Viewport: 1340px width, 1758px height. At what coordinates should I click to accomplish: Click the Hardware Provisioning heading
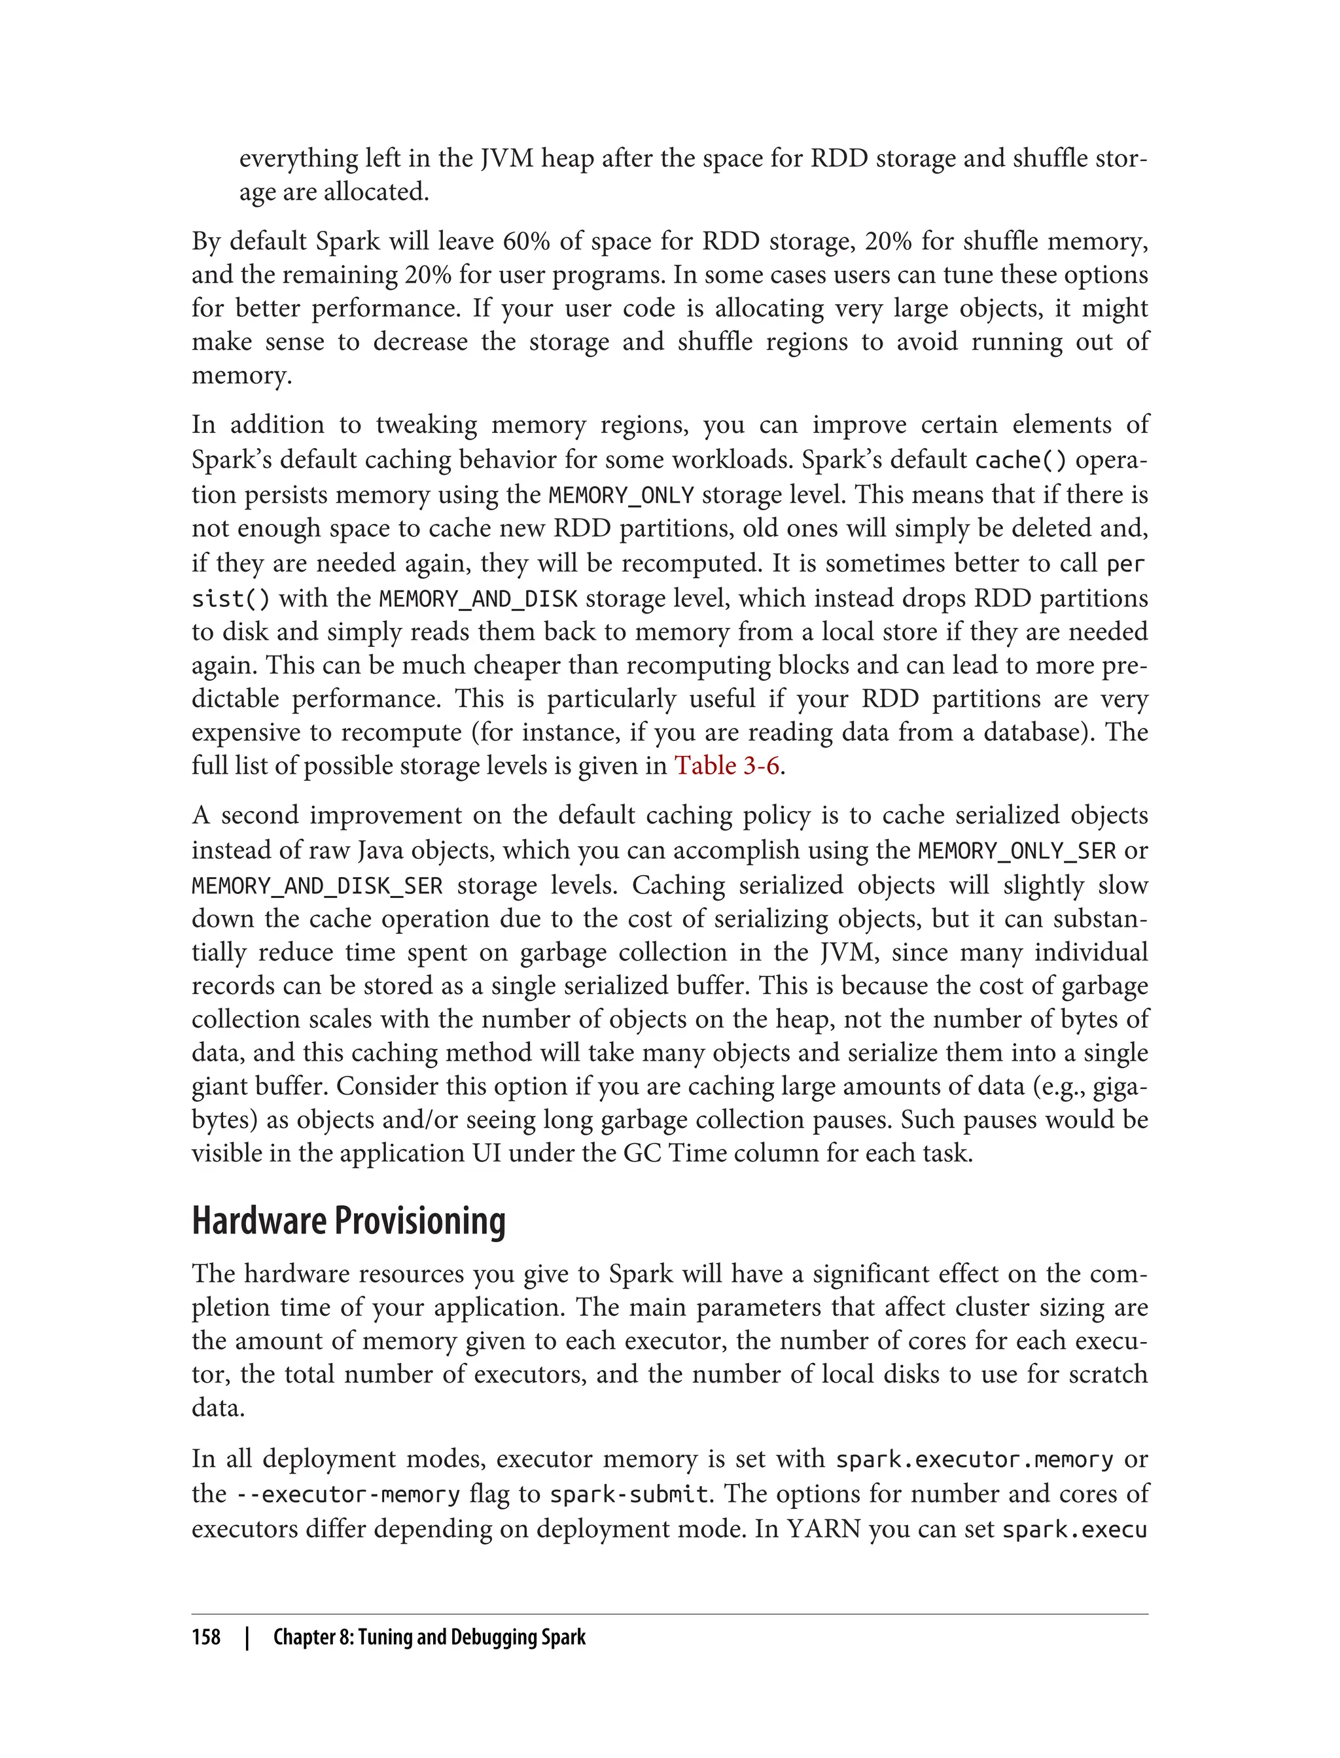[x=349, y=1220]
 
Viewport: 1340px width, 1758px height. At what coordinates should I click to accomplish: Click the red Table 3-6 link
[x=727, y=765]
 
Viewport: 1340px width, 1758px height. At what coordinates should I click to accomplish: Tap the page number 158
[x=206, y=1638]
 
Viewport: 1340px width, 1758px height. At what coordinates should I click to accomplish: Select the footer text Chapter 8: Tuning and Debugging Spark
[x=429, y=1638]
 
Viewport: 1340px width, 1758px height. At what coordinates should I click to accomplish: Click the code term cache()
[x=1021, y=461]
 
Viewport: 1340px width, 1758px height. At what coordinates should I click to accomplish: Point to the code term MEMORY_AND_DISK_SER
[x=317, y=886]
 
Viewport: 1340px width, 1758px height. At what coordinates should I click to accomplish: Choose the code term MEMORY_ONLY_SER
[x=1017, y=852]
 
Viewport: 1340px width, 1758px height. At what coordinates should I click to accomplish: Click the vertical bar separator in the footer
[x=247, y=1638]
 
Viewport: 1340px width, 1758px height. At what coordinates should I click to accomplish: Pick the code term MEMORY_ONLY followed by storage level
[x=622, y=495]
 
